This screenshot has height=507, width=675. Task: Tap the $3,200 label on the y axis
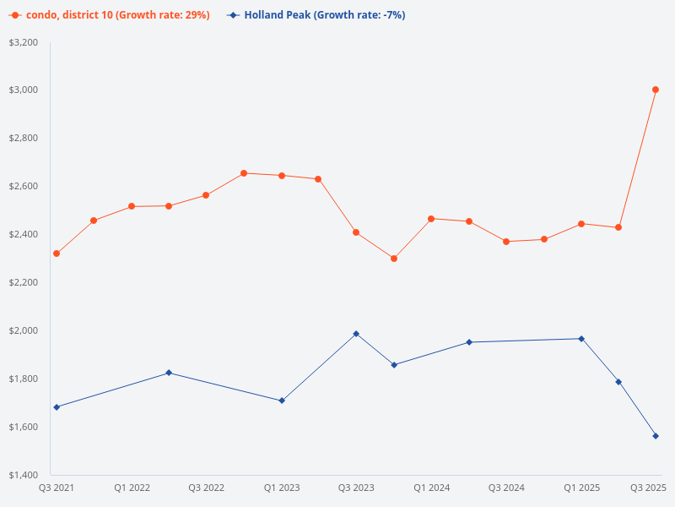pos(23,42)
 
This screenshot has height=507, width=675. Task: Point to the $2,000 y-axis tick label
pos(23,330)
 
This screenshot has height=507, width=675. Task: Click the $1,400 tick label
pos(23,475)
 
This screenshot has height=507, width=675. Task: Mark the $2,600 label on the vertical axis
pos(23,186)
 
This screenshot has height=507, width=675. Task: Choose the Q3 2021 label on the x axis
pos(57,488)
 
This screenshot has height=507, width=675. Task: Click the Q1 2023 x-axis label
pos(281,488)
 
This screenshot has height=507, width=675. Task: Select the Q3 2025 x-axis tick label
pos(649,488)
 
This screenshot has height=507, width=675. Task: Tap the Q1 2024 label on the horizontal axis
pos(431,488)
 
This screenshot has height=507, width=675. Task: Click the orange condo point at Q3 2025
pos(656,90)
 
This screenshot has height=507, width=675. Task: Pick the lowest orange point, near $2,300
pos(394,259)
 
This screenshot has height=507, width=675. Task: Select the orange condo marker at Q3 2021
pos(57,253)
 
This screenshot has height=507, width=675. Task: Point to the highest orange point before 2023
pos(244,173)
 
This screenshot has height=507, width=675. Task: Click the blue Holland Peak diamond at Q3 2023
pos(356,334)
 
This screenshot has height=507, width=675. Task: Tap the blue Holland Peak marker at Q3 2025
pos(656,436)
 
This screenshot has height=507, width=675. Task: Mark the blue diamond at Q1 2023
pos(281,401)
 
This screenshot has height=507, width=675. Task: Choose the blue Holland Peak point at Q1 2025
pos(581,339)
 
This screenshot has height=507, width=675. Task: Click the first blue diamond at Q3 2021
pos(57,407)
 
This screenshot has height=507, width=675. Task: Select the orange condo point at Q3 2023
pos(356,232)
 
